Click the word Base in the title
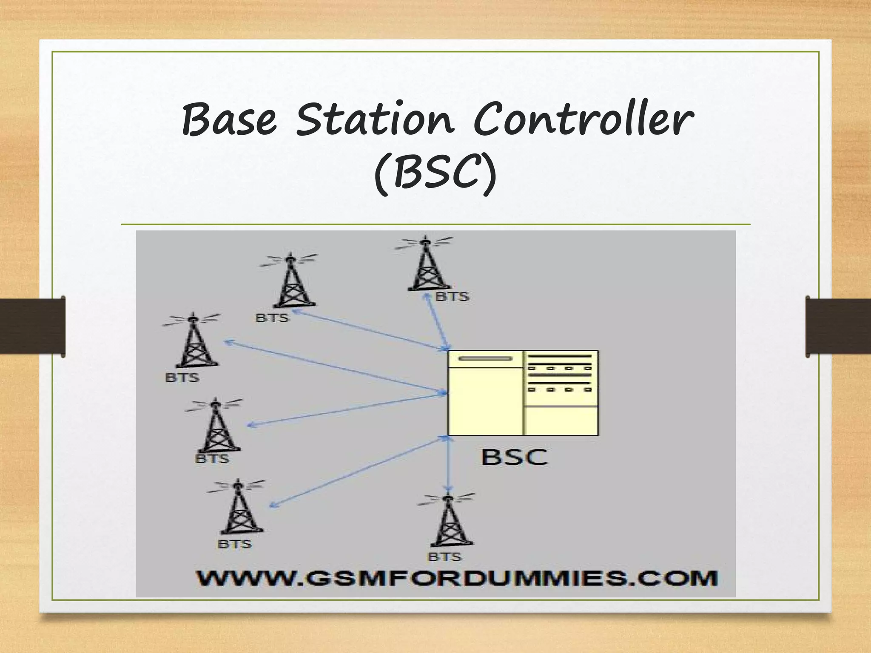click(230, 120)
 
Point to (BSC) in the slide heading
click(435, 174)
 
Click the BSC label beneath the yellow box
click(514, 457)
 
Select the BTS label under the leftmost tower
click(182, 378)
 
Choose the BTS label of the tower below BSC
click(444, 557)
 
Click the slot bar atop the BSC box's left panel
click(485, 358)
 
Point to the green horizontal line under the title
click(435, 224)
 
